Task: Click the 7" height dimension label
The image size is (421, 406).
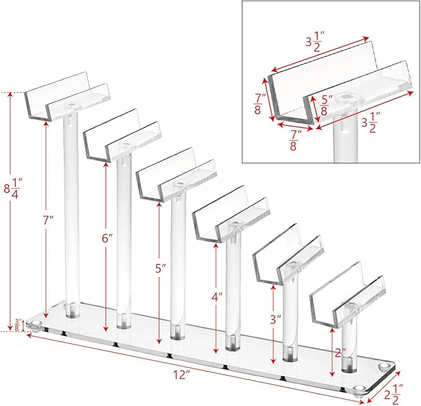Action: [48, 220]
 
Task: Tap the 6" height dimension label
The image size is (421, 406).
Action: [107, 238]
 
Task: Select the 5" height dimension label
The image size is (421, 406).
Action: [161, 268]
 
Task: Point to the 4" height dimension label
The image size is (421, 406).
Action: [217, 298]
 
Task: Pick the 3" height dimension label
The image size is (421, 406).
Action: [275, 320]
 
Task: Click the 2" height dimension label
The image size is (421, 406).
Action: [341, 353]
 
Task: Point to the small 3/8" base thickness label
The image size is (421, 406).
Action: [18, 325]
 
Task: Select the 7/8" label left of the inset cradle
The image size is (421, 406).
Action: [260, 104]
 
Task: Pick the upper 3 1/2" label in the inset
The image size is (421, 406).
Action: [316, 41]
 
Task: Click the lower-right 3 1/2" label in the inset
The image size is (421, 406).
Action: [371, 122]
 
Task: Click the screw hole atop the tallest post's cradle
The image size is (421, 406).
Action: [72, 105]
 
